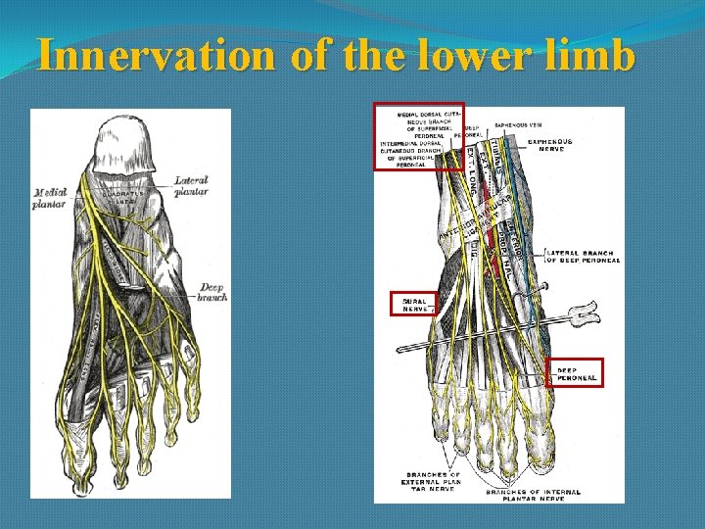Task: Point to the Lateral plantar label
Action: pos(191,186)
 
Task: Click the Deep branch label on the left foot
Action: pos(212,292)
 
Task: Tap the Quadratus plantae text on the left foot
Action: pos(122,197)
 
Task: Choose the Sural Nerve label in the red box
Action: pos(416,305)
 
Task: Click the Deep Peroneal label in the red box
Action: pos(576,373)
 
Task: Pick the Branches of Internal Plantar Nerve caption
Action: pos(533,495)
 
